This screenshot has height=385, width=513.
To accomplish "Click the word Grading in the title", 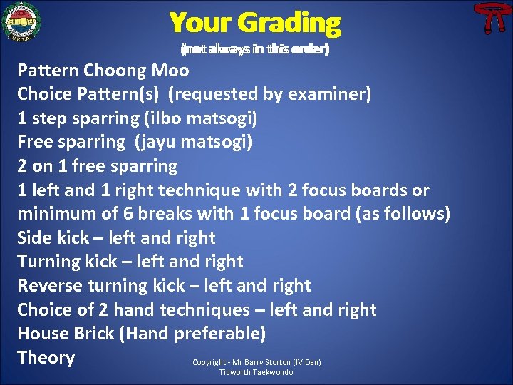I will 289,24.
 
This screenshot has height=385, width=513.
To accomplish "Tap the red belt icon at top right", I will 490,19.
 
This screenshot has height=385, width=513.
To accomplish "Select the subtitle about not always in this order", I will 254,50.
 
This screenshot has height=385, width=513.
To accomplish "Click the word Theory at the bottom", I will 46,358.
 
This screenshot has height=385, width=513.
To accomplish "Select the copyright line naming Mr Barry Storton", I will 256,363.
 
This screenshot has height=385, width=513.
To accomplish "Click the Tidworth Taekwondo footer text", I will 256,373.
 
